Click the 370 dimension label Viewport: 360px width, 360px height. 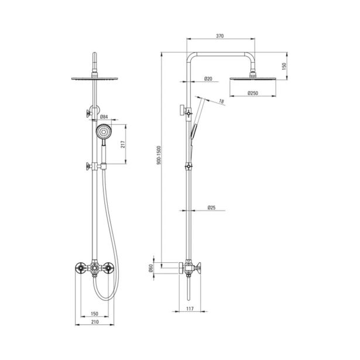[220, 36]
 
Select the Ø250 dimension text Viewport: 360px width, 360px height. [253, 93]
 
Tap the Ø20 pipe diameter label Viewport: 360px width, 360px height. [208, 79]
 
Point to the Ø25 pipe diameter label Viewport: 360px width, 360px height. [211, 208]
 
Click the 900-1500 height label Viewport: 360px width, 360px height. [159, 155]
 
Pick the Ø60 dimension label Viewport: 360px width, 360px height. [151, 268]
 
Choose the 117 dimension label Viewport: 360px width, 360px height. [190, 309]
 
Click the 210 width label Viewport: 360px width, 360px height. [95, 322]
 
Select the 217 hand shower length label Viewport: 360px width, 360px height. [124, 144]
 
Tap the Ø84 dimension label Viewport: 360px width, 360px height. [104, 116]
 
